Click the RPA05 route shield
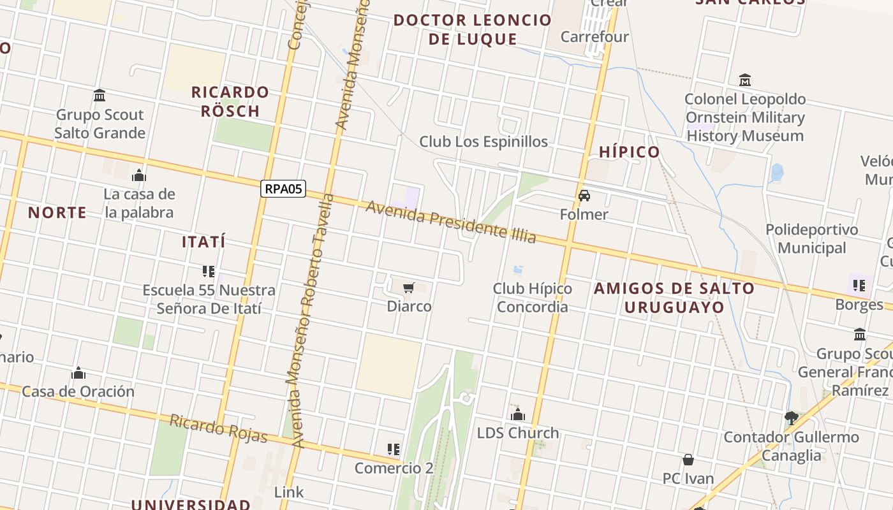coord(283,189)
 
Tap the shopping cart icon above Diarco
coord(409,288)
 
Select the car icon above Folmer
coord(584,196)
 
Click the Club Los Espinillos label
coord(483,142)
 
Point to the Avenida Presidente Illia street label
coord(450,222)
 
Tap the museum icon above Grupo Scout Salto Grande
coord(100,96)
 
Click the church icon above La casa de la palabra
coord(138,175)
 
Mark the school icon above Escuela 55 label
coord(208,272)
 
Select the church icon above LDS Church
coord(518,415)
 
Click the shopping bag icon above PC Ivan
coord(688,460)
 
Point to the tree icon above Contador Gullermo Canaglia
coord(792,418)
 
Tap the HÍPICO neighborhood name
coord(630,152)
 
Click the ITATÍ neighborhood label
coord(203,242)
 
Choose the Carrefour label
coord(594,36)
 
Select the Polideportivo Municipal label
coord(811,238)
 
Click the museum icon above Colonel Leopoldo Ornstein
coord(745,80)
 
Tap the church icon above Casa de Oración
coord(78,373)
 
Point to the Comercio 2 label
coord(394,468)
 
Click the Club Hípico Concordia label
coord(532,298)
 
